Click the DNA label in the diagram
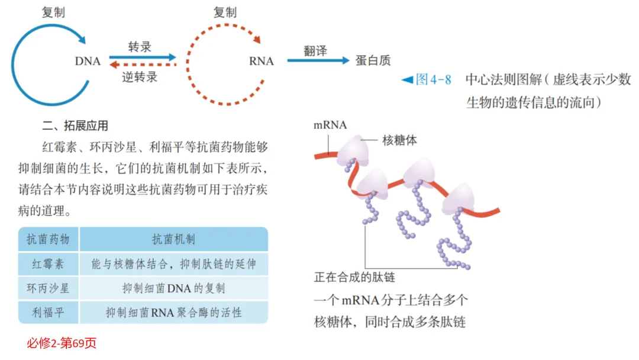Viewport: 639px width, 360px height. tap(88, 61)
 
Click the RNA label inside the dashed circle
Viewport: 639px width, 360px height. tap(261, 61)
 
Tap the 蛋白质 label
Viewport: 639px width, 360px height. tap(373, 60)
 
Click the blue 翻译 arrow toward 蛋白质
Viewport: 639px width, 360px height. tap(318, 60)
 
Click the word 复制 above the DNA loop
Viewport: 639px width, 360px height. tap(54, 12)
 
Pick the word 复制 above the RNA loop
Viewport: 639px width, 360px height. tap(225, 12)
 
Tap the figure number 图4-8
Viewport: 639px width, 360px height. tap(433, 79)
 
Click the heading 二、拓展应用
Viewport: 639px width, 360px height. tap(75, 126)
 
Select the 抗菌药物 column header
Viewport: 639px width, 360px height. tap(49, 239)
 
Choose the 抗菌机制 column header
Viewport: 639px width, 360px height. tap(173, 239)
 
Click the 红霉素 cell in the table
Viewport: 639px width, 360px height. tap(49, 264)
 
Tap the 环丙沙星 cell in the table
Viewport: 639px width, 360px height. tap(49, 288)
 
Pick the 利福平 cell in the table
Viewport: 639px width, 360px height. tap(49, 312)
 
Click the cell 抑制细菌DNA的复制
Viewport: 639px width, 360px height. tap(173, 288)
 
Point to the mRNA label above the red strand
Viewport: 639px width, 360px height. tap(330, 125)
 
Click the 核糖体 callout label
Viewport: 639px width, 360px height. tap(400, 140)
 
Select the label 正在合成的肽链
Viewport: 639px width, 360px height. tap(354, 277)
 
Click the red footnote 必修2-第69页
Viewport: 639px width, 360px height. tap(62, 343)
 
